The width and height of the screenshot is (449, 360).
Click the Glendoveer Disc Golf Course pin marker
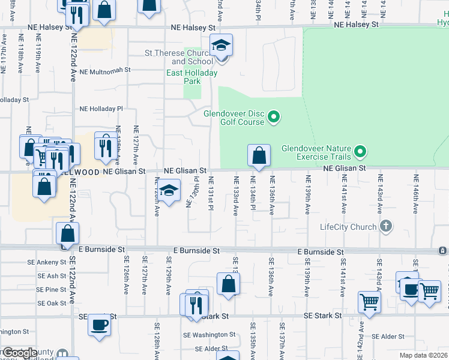click(x=274, y=116)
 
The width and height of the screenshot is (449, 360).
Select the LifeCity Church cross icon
click(x=386, y=227)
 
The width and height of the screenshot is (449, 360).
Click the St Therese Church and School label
click(x=179, y=57)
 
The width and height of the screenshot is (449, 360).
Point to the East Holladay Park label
click(x=191, y=77)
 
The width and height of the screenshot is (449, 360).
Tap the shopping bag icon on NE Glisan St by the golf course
click(x=258, y=156)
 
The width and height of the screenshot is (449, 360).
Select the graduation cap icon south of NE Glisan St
click(x=169, y=190)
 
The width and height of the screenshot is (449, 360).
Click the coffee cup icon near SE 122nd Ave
click(x=100, y=325)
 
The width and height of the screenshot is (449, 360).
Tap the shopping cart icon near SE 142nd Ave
click(x=369, y=302)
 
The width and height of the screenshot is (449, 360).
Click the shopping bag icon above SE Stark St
click(x=228, y=284)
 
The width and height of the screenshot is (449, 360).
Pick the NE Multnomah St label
click(x=105, y=70)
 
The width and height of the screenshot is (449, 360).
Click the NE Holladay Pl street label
click(x=101, y=109)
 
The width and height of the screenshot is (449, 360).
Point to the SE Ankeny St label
click(x=47, y=262)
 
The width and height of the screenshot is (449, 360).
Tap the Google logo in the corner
click(x=20, y=353)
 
